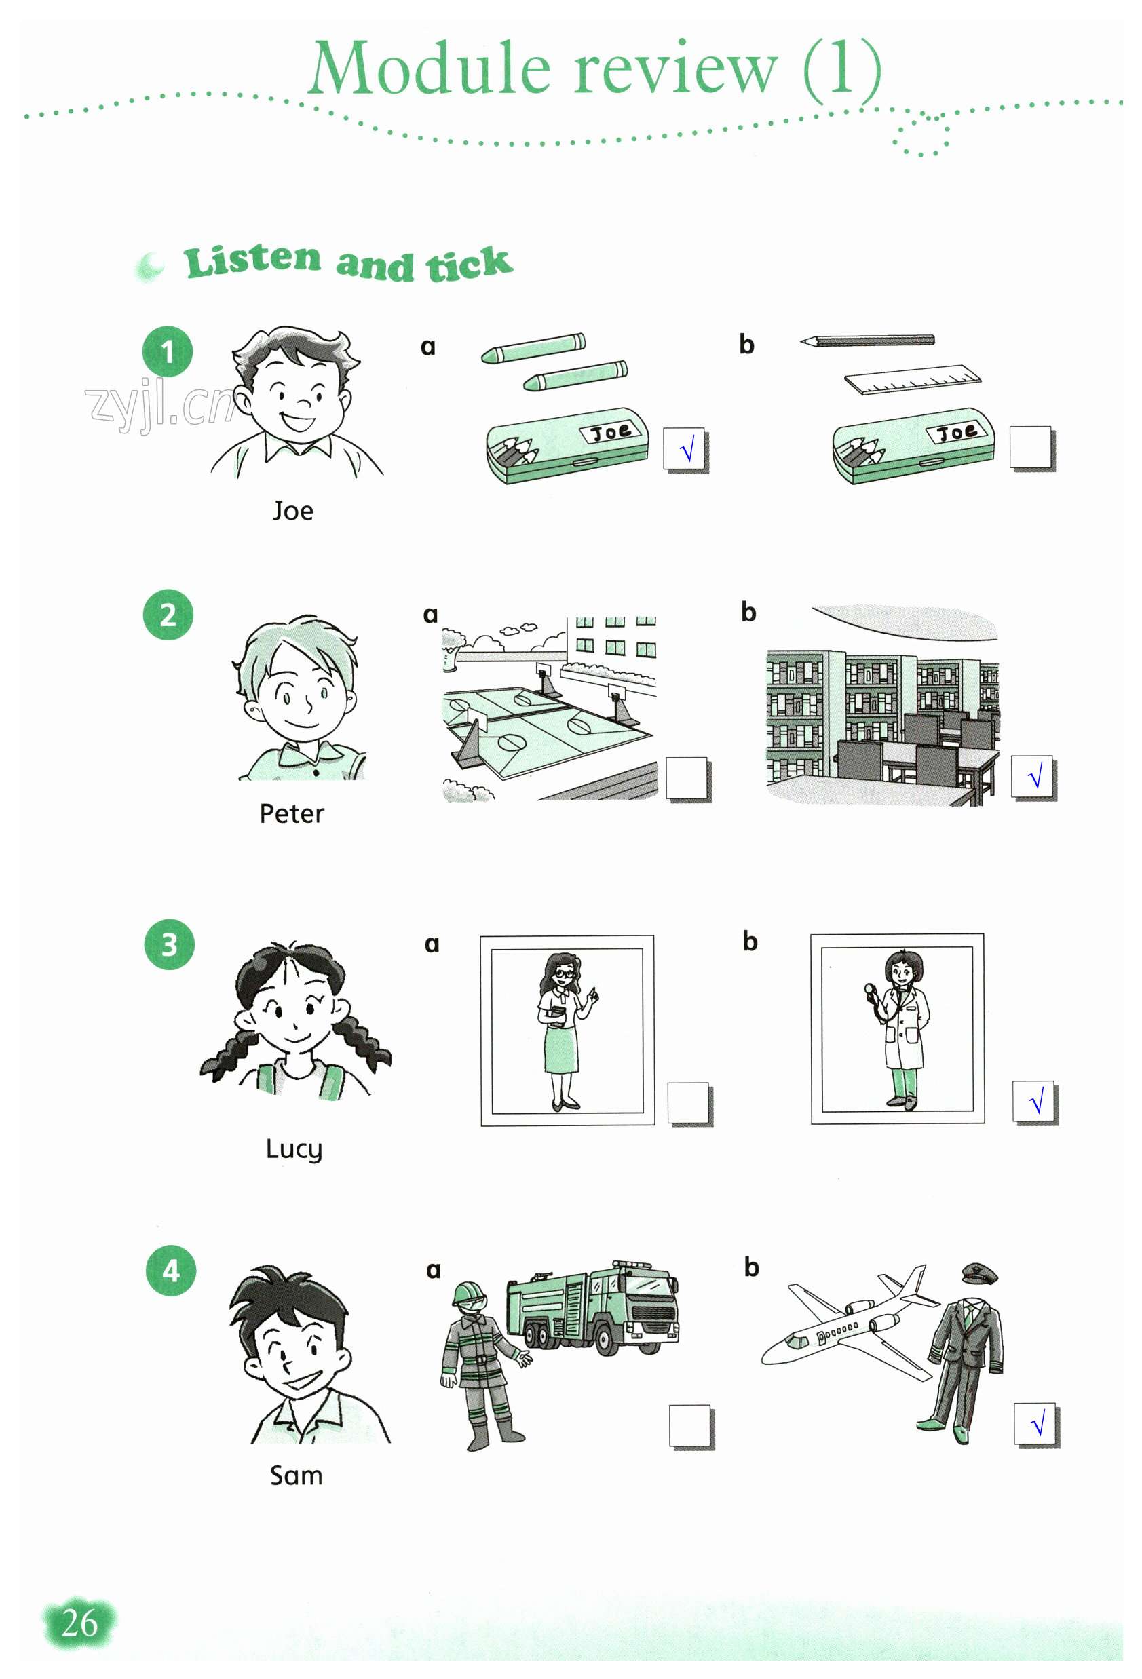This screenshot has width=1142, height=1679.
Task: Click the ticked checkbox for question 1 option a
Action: click(685, 450)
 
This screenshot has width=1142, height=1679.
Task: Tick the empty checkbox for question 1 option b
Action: click(1031, 448)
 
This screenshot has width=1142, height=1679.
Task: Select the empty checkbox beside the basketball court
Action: click(687, 779)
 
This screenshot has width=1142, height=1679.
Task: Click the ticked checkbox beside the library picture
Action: click(1033, 777)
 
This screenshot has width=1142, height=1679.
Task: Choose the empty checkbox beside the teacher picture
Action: click(689, 1103)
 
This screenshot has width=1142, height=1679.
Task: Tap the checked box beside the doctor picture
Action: click(1035, 1102)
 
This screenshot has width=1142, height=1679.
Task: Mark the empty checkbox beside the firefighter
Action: click(691, 1426)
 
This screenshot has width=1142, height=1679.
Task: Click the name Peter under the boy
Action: click(291, 814)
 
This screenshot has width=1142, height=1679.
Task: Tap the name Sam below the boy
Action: click(296, 1475)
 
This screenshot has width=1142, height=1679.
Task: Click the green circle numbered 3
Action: click(169, 944)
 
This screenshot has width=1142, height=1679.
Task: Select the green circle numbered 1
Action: click(168, 352)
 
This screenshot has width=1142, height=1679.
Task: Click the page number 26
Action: click(79, 1623)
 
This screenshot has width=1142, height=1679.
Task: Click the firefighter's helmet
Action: click(468, 1293)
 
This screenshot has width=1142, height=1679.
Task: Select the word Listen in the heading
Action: click(252, 260)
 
